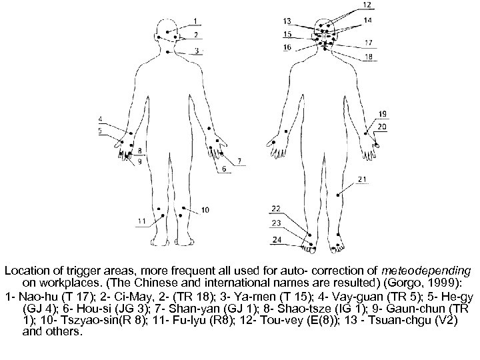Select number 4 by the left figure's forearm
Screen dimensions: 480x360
100,120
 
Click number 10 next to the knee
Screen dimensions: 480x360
205,210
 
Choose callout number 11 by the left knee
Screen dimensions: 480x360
141,221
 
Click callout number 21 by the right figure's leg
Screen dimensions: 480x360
361,179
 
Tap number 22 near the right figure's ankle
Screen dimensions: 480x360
275,209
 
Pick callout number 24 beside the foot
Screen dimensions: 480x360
276,239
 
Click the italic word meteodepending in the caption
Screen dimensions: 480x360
429,271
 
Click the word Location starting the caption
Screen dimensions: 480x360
26,271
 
